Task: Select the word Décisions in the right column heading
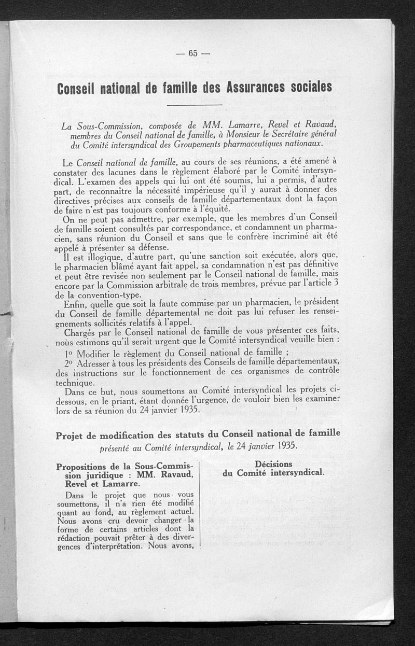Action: pyautogui.click(x=273, y=464)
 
